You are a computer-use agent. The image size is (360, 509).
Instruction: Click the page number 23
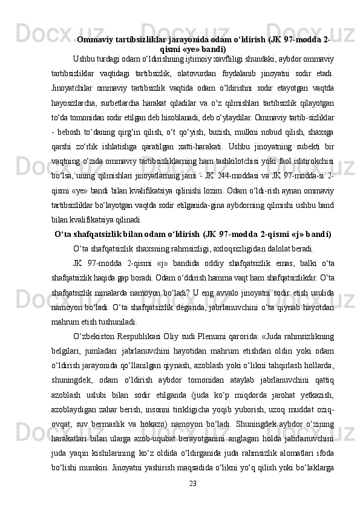[193, 482]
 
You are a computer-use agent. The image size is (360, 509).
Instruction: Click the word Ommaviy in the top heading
[97, 40]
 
